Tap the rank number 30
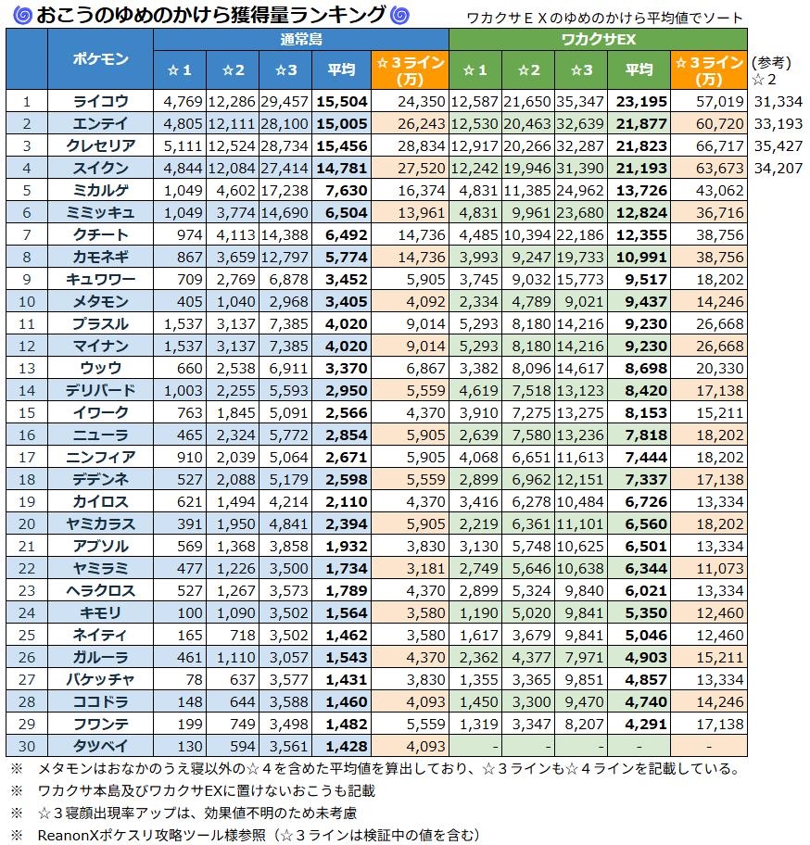pyautogui.click(x=27, y=746)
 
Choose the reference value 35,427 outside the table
pyautogui.click(x=778, y=145)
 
